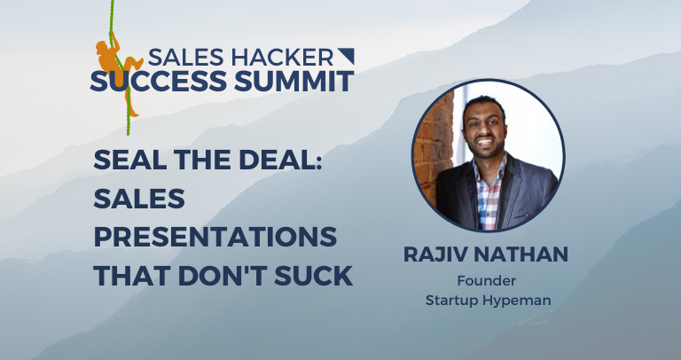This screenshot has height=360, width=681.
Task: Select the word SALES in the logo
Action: click(x=187, y=58)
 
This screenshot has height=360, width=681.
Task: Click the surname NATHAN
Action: click(x=524, y=256)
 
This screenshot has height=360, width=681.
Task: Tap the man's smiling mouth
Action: click(x=489, y=140)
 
